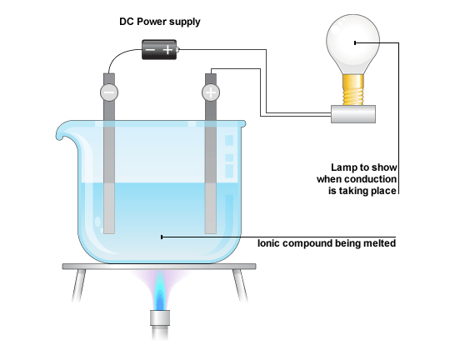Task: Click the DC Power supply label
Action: [160, 22]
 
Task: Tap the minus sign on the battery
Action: [150, 50]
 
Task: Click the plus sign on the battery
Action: [167, 50]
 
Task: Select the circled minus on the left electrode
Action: [109, 92]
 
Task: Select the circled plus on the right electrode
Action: [211, 92]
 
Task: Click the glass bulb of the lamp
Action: [352, 42]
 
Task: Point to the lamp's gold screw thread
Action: [352, 90]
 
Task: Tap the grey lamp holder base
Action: [353, 114]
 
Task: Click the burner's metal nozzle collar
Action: [160, 317]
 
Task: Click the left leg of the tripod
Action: [78, 285]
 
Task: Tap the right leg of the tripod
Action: [241, 285]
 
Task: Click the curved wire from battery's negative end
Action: [118, 54]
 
